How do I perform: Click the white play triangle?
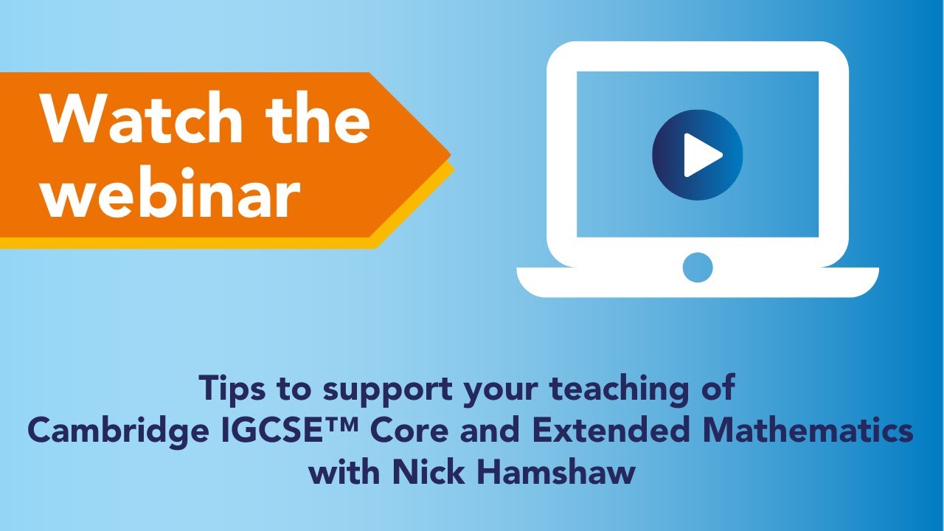click(x=701, y=155)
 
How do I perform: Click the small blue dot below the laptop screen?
click(x=698, y=266)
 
